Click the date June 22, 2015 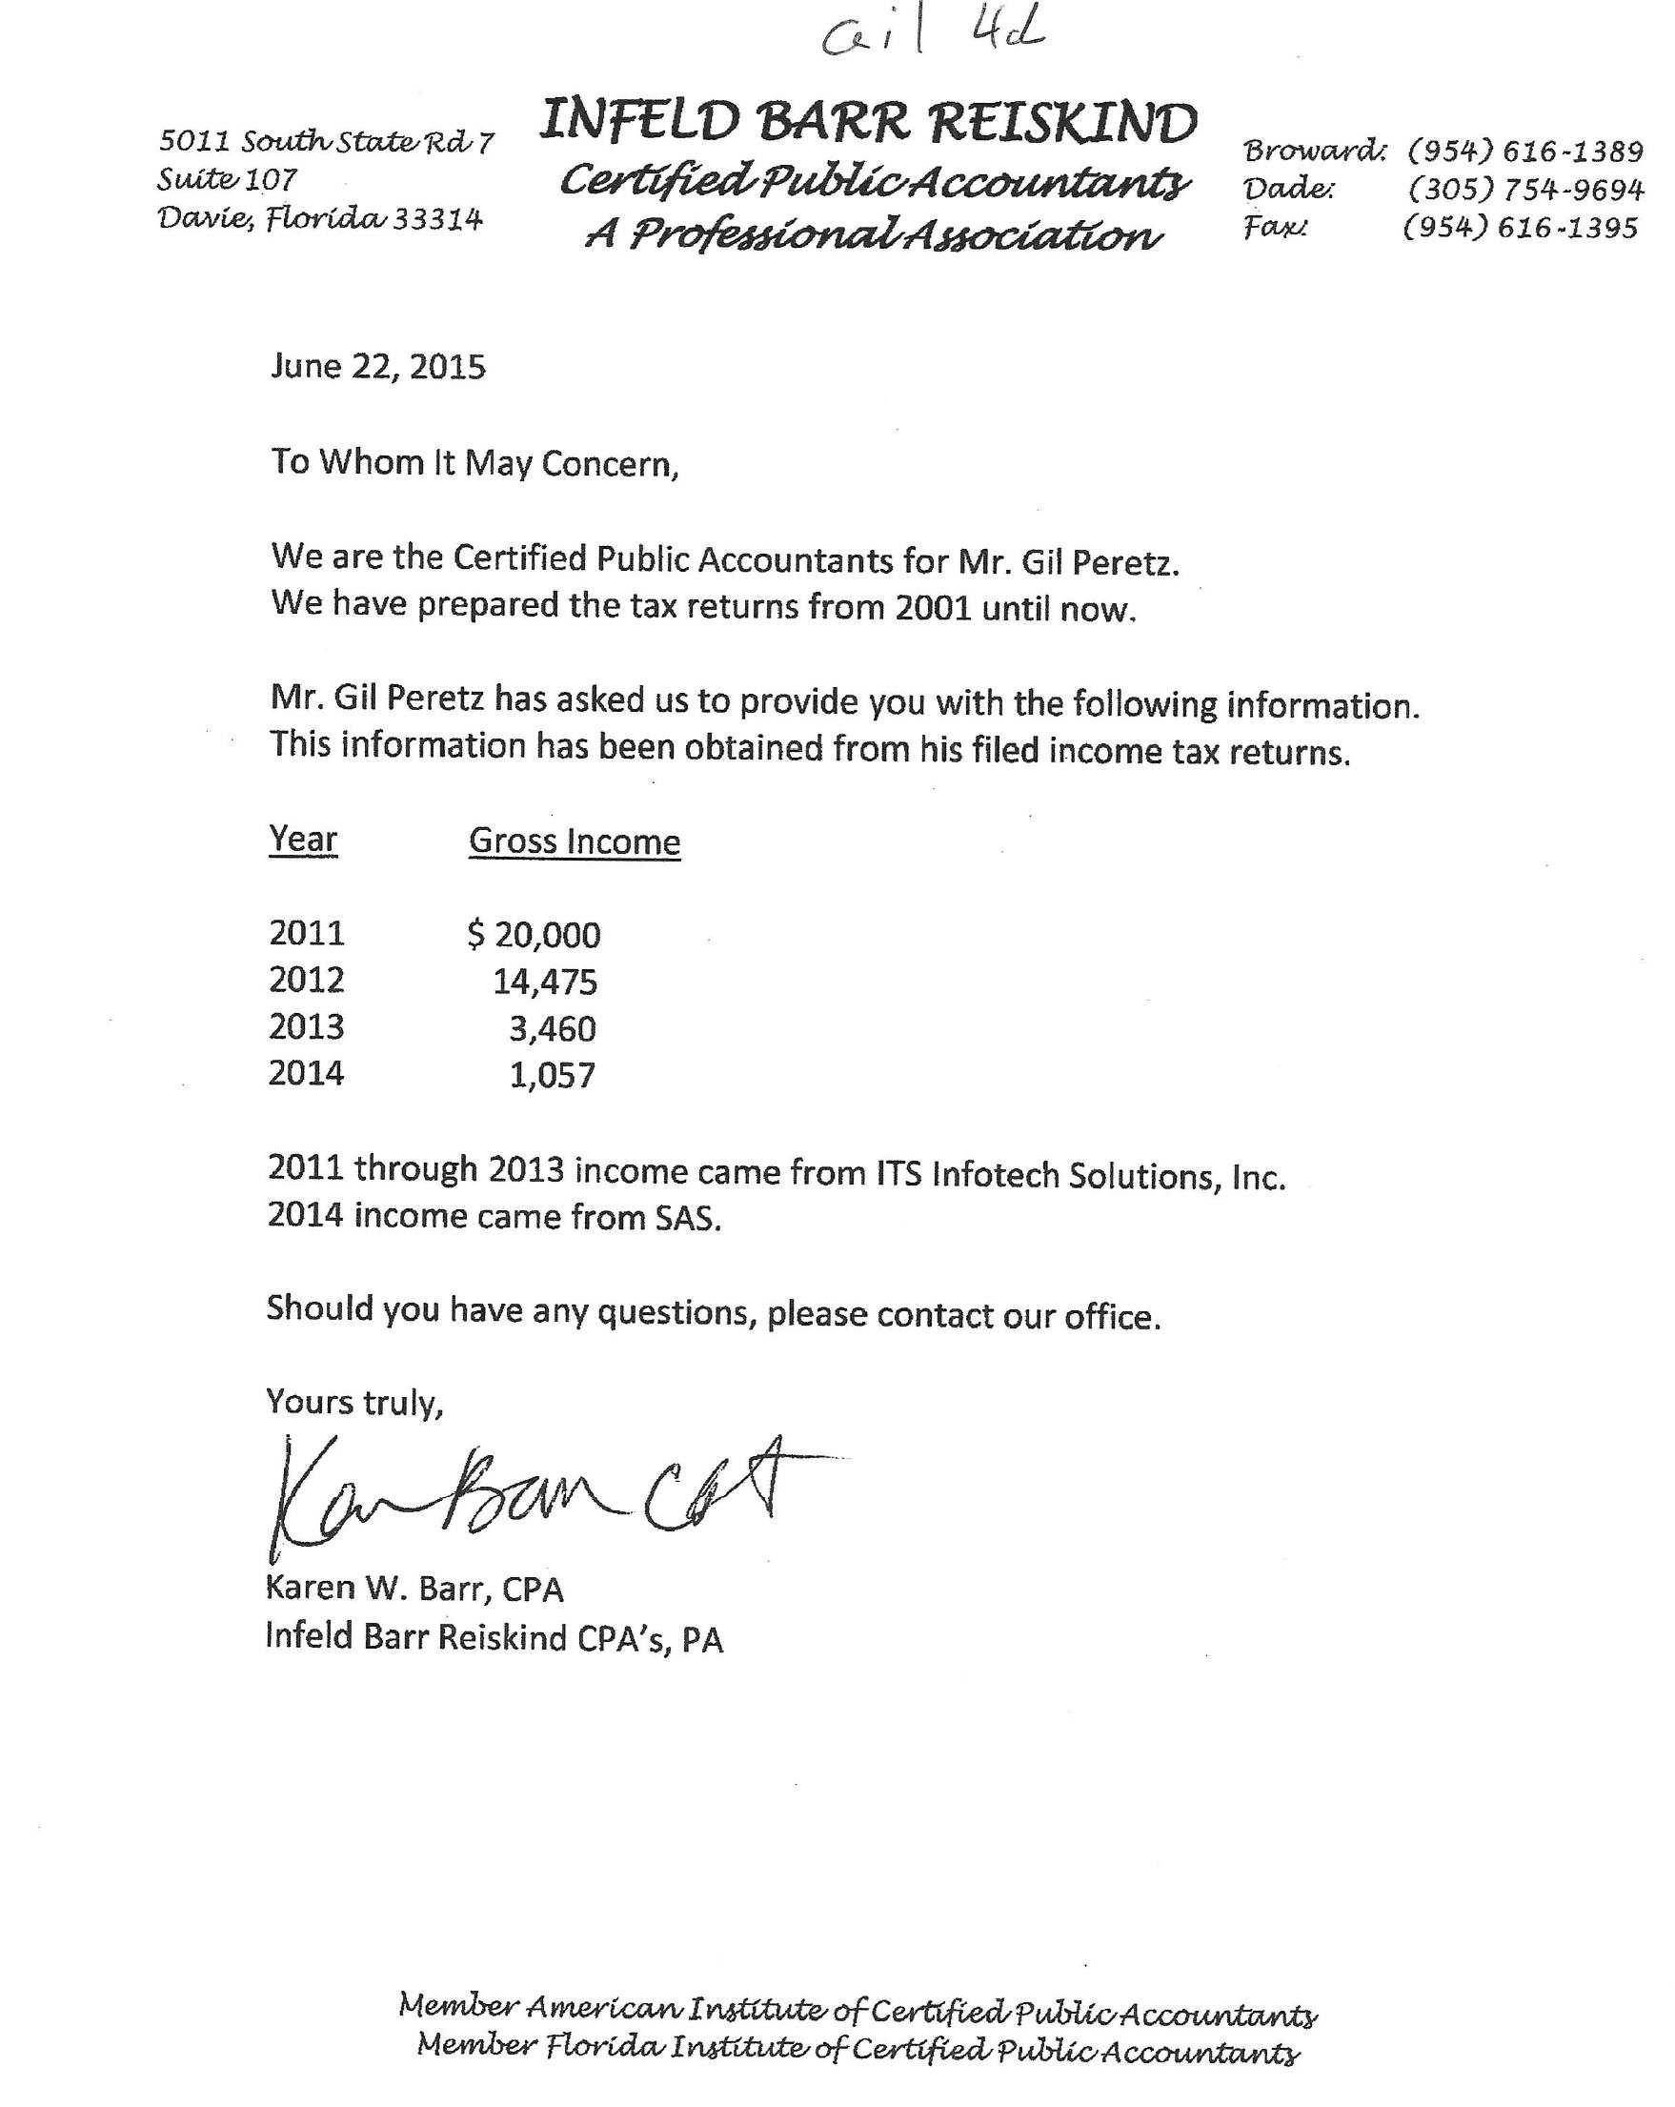377,367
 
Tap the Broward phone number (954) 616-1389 1524,152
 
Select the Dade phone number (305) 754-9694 1525,189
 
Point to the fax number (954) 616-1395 1520,228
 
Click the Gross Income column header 574,841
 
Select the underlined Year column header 303,840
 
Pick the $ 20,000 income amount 534,935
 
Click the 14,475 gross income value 544,982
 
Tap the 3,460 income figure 553,1028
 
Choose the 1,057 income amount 553,1075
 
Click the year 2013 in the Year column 306,1027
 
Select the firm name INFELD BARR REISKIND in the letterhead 868,123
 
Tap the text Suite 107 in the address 227,180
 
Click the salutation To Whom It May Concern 474,462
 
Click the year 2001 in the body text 931,608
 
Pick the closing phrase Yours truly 354,1403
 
